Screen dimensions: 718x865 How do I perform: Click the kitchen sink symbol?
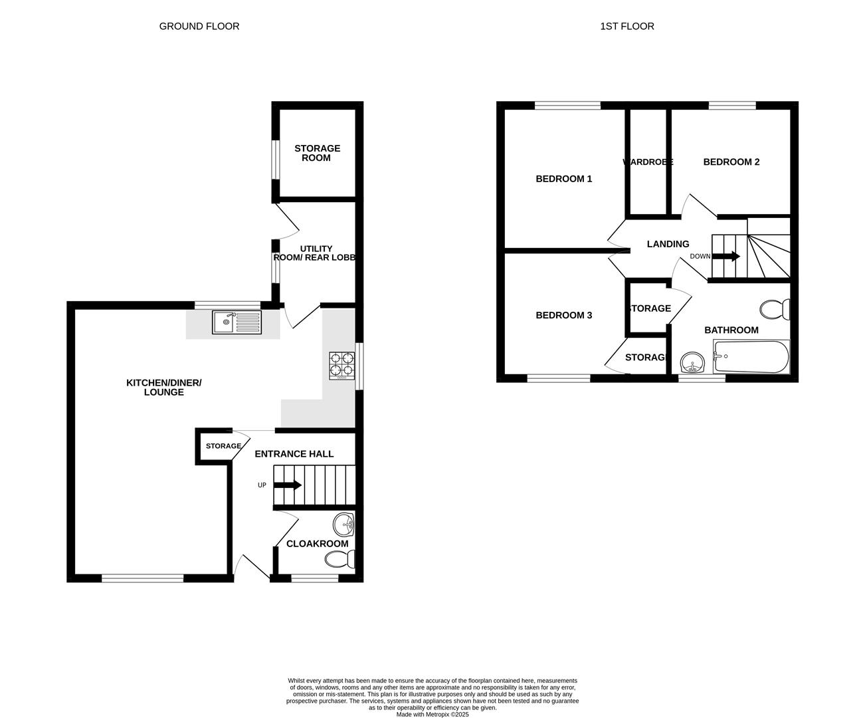click(237, 322)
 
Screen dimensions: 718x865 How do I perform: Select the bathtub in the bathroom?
click(751, 357)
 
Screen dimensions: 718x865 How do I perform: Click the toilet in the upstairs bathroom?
click(775, 309)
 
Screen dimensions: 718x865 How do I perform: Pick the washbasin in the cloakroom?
click(345, 524)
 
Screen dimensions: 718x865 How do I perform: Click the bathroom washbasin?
click(693, 364)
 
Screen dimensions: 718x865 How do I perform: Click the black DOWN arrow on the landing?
click(726, 256)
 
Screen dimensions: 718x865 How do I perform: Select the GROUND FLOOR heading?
click(199, 27)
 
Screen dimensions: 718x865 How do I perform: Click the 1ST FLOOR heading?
click(627, 27)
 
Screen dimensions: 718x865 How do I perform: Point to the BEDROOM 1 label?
click(564, 179)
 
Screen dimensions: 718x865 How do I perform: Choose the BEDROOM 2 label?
click(731, 162)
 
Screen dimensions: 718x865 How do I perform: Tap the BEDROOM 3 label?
click(564, 315)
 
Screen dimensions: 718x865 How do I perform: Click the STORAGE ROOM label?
click(317, 153)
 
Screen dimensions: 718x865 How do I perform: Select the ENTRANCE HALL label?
click(294, 454)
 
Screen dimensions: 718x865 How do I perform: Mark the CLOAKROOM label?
click(317, 544)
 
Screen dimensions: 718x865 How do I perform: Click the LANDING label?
click(668, 244)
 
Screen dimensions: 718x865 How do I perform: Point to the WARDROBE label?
click(648, 162)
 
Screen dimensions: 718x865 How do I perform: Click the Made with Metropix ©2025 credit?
click(432, 715)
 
